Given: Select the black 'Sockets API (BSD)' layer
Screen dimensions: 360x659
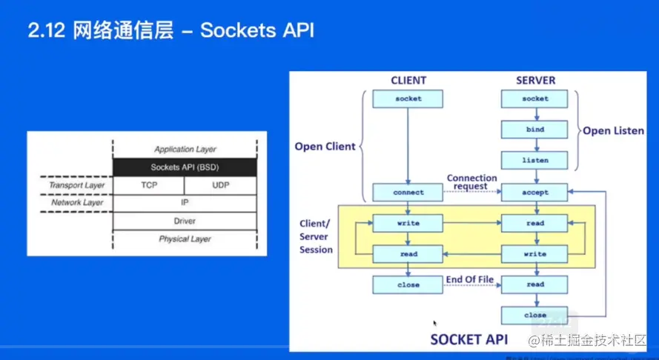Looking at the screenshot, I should coord(185,167).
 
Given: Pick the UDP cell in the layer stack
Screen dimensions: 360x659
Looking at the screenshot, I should coord(220,184).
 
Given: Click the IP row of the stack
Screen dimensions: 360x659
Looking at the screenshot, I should coord(185,202).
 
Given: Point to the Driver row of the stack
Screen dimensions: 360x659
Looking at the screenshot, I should coord(185,221).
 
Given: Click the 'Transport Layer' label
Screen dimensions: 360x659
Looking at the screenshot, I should coord(77,184).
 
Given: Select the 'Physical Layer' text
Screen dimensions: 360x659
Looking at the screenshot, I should coord(185,239).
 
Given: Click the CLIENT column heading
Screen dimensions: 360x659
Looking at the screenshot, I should coord(408,80).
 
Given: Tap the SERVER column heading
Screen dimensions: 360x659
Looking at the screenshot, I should coord(535,80).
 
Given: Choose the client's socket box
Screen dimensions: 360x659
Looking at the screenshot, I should coord(408,99).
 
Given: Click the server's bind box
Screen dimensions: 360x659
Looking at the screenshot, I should coord(534,130).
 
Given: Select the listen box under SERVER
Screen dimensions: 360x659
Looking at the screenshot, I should coord(534,160).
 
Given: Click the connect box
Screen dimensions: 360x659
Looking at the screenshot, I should coord(408,193).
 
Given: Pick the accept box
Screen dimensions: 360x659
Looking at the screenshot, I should coord(534,193).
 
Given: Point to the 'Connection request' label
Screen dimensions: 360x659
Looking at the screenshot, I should coord(471,182).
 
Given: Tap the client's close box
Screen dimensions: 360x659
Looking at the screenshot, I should coord(408,284).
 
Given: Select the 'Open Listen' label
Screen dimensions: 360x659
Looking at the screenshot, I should coord(613,130).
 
